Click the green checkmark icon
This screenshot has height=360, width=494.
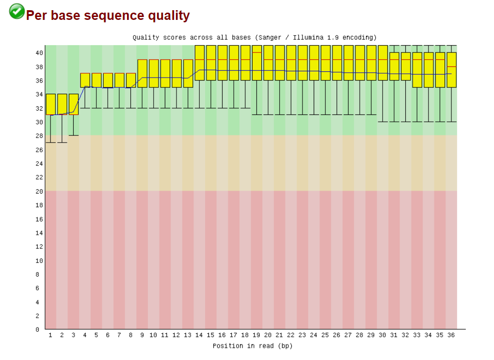coord(17,11)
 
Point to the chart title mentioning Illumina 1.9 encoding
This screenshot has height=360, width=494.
coord(255,37)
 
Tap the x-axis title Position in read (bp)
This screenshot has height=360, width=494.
coord(253,346)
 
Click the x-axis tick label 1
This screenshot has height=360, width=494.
coord(50,335)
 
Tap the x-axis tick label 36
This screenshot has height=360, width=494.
coord(451,335)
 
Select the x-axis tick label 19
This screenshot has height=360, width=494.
coord(256,335)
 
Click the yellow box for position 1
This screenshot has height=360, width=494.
coord(50,104)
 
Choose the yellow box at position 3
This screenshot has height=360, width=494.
coord(74,104)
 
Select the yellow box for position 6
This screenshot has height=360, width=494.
coord(108,80)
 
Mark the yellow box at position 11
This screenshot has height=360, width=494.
coord(165,73)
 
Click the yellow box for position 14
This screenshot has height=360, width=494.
coord(199,63)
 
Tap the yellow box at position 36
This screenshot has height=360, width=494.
coord(451,69)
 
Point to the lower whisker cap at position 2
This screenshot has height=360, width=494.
coord(62,143)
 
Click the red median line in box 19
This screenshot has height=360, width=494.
coord(256,52)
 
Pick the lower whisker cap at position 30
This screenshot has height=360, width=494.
coord(382,122)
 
